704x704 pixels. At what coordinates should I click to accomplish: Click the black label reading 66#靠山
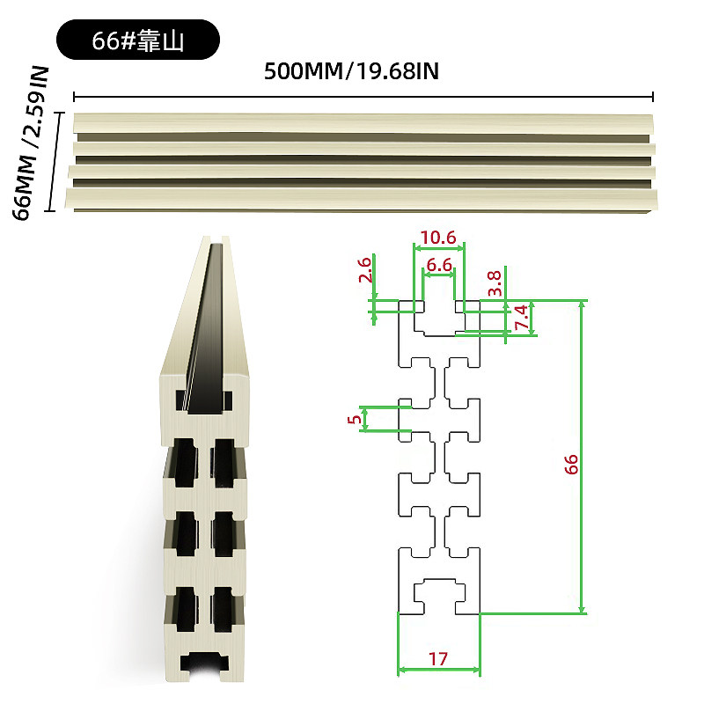click(138, 40)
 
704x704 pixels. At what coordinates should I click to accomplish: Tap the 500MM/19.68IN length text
click(351, 71)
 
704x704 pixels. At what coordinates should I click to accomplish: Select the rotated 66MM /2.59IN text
click(31, 143)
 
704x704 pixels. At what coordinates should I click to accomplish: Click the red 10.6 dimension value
click(437, 238)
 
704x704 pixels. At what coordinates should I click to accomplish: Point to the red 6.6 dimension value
click(439, 265)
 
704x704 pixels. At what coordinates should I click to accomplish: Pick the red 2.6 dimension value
click(365, 269)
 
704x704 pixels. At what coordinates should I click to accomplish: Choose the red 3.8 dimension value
click(495, 282)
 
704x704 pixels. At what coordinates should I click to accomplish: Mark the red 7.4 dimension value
click(521, 317)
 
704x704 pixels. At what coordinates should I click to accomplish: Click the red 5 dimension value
click(355, 419)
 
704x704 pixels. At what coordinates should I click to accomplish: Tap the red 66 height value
click(571, 465)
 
